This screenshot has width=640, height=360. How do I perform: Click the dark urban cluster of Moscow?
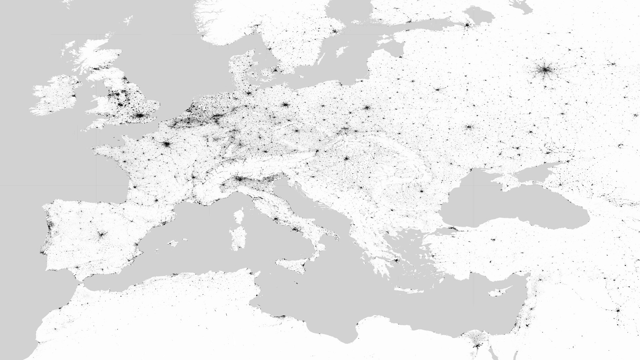point(545,70)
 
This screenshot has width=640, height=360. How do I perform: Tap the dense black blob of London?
point(140,116)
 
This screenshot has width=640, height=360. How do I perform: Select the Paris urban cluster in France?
point(166,144)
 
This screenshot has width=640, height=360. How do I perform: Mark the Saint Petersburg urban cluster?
point(467,25)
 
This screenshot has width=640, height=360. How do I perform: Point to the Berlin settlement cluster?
point(284,105)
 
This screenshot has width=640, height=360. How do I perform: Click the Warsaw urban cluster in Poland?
point(367,108)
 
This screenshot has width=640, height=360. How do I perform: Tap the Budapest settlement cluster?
point(346,158)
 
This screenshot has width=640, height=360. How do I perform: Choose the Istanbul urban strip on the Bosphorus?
point(452,229)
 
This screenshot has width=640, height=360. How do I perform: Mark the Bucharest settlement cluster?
point(421,191)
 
